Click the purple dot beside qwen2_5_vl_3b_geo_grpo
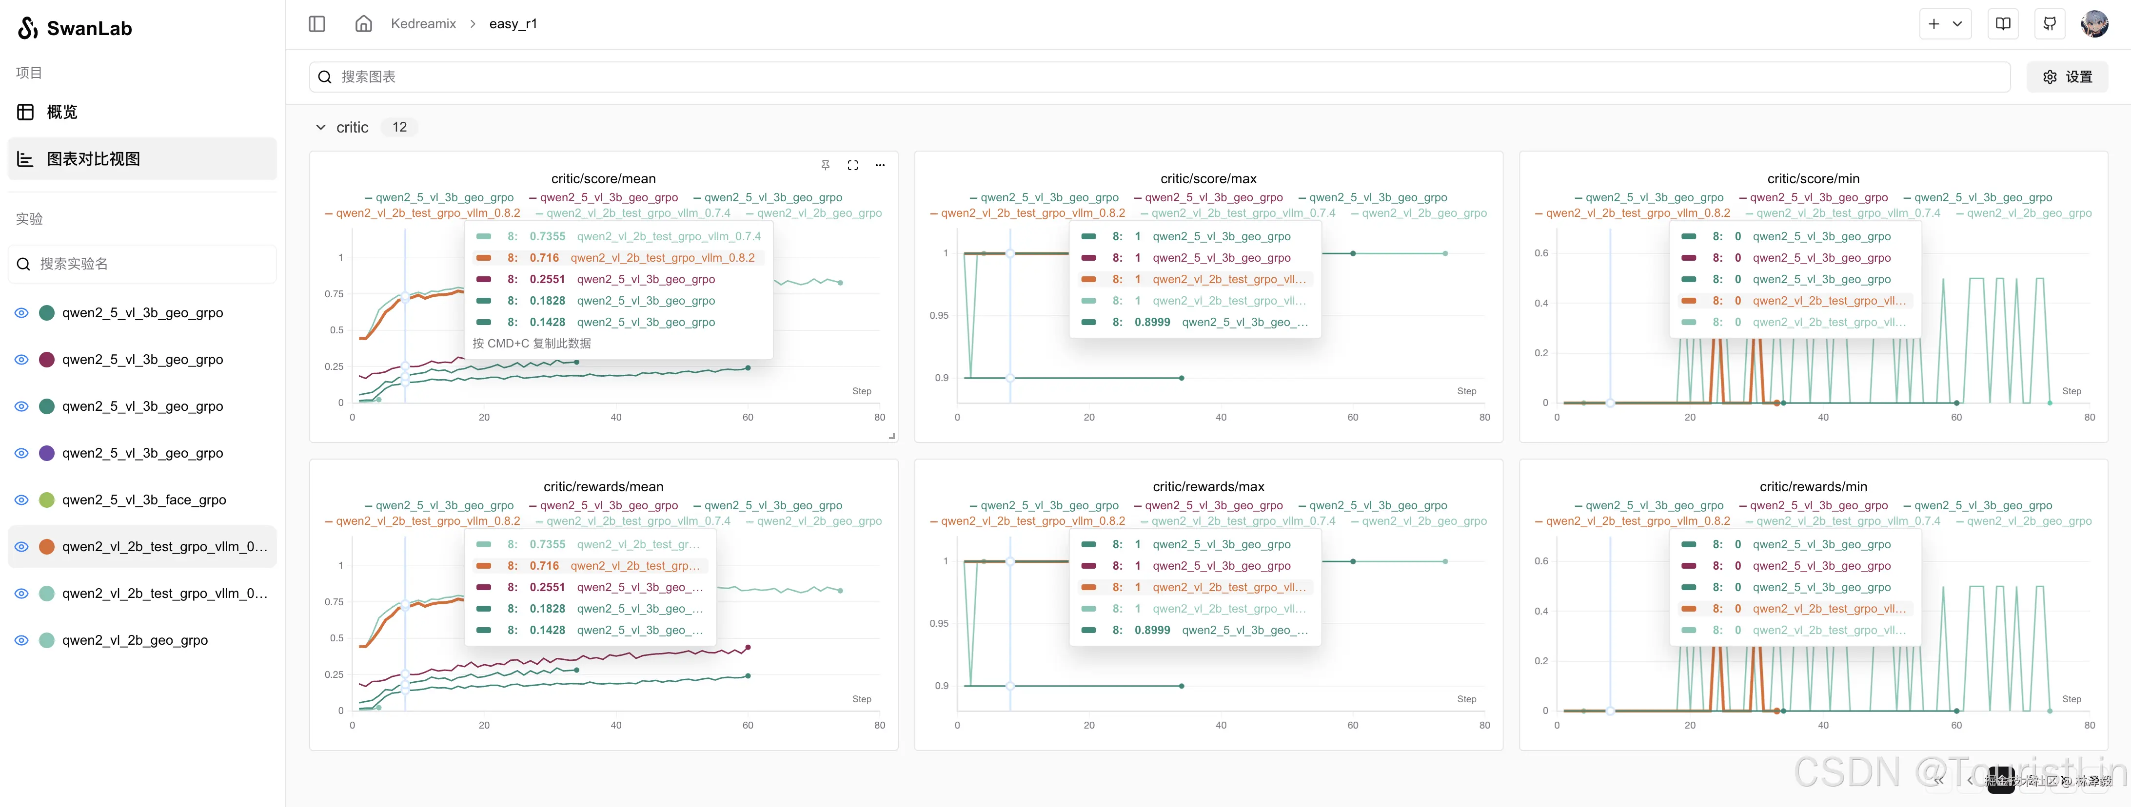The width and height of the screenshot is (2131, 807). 47,453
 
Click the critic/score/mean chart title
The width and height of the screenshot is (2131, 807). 603,178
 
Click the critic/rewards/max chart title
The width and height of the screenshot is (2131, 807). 1208,487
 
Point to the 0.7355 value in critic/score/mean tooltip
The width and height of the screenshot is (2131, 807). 548,236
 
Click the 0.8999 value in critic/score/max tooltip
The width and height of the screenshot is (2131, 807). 1152,323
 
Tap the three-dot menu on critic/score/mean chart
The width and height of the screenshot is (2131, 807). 880,165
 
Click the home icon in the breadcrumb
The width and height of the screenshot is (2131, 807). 364,24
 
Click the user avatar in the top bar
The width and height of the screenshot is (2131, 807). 2094,24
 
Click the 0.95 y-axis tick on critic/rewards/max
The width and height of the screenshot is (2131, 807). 939,623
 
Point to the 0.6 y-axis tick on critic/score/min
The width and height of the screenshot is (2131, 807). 1541,253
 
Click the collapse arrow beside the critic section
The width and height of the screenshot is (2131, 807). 321,127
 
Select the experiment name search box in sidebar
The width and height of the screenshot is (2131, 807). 142,264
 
